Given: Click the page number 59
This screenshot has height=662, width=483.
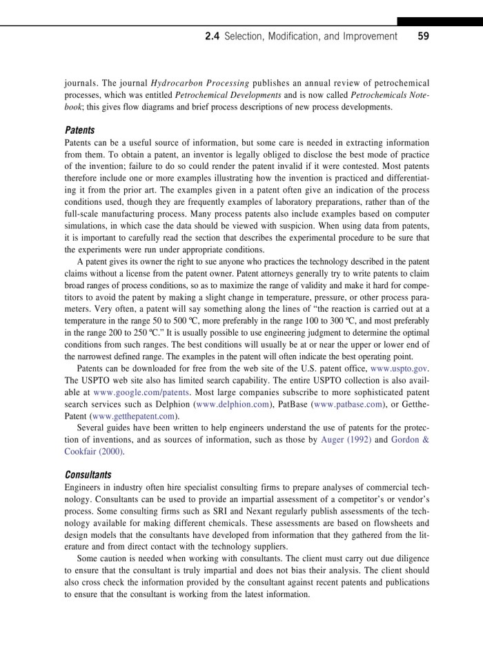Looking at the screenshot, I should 424,37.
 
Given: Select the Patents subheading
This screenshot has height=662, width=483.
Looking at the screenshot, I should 79,130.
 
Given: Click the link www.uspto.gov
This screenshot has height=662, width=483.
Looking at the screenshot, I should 400,369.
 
